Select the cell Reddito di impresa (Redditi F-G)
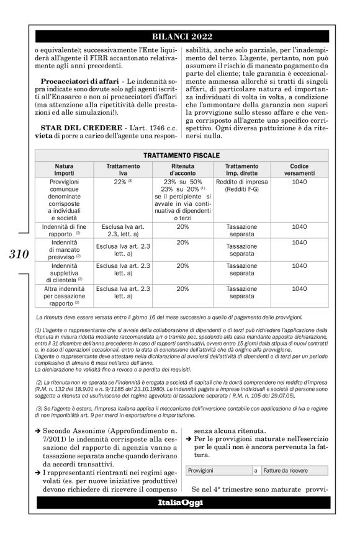241,185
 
